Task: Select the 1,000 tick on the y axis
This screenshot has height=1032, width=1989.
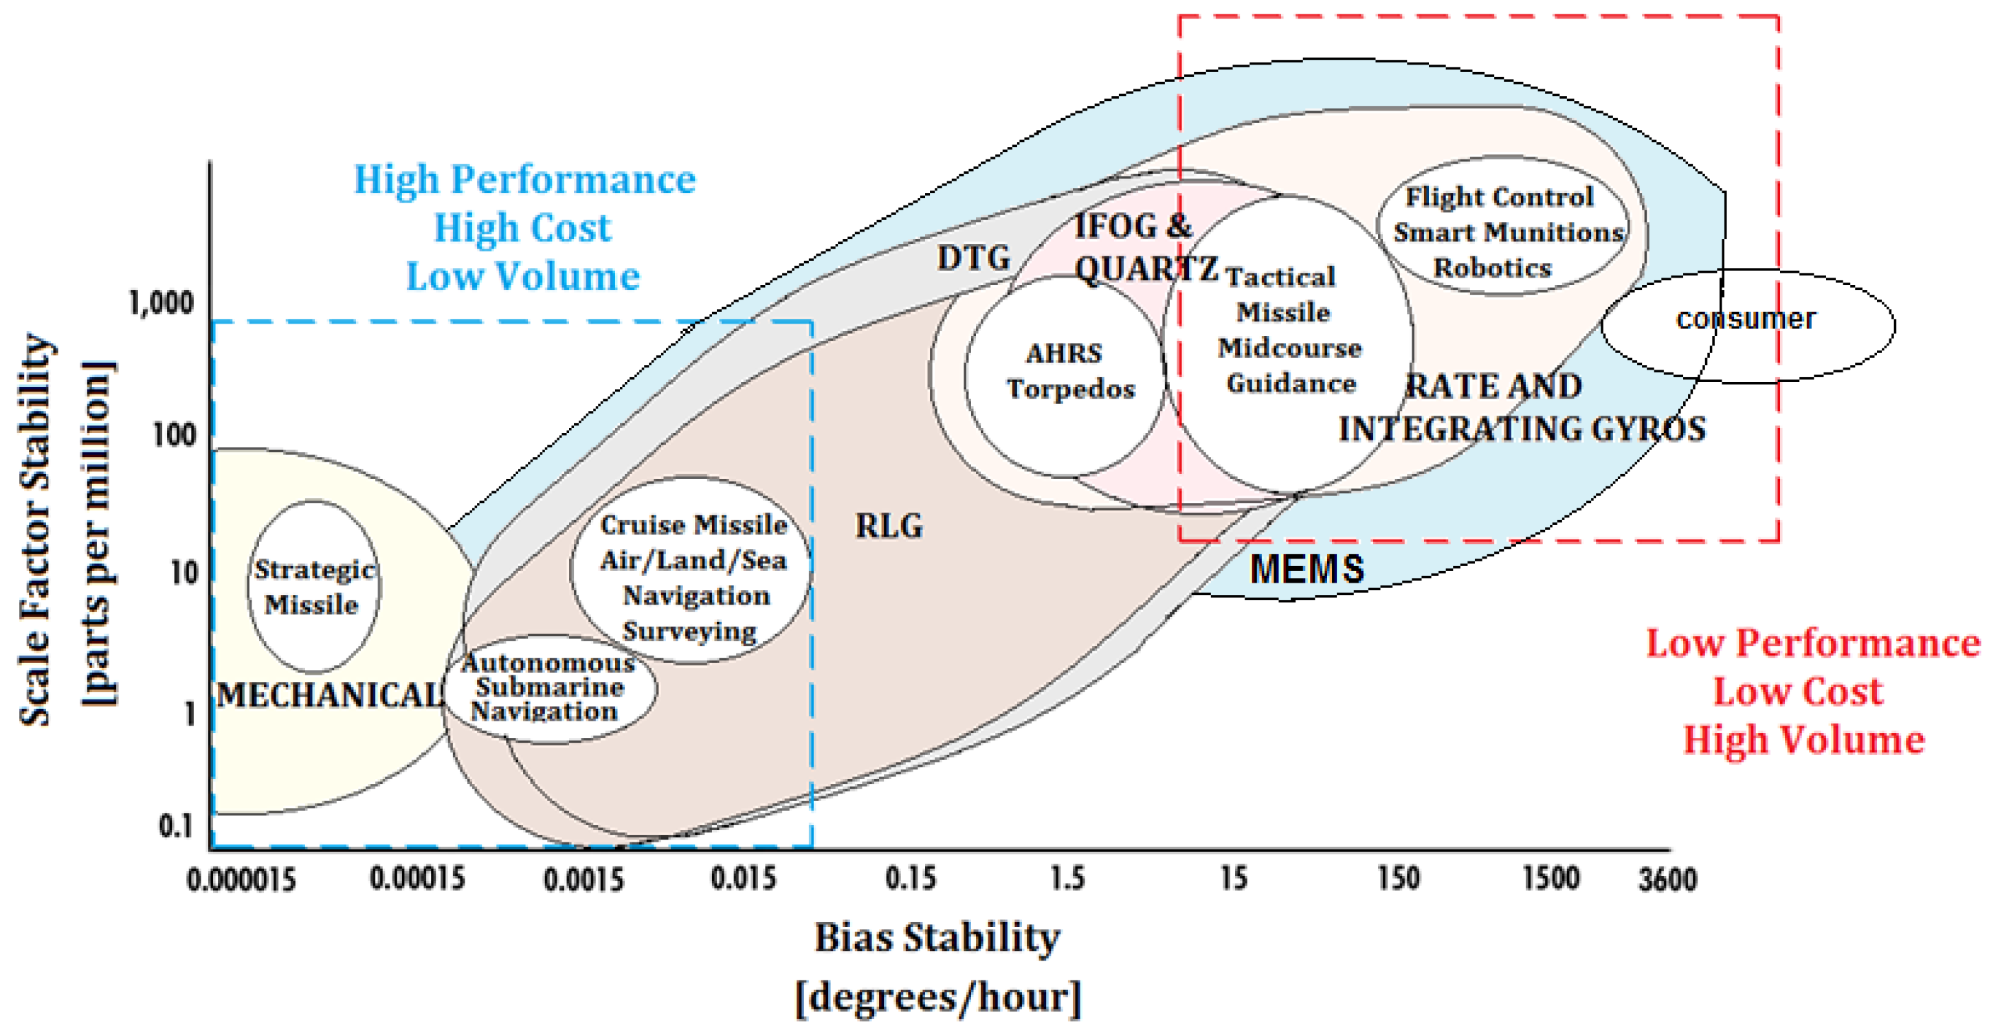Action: click(162, 302)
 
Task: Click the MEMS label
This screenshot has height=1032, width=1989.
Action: click(1307, 570)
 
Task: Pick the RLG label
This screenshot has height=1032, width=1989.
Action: click(889, 526)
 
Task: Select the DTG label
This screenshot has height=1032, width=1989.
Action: click(973, 258)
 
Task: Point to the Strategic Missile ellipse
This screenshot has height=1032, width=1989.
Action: click(313, 587)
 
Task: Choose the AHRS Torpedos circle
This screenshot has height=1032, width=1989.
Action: click(1065, 374)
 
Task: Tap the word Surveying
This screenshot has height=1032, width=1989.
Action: click(689, 631)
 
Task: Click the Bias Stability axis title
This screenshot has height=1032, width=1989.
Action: click(937, 939)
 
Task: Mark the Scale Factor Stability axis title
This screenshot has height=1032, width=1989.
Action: click(35, 530)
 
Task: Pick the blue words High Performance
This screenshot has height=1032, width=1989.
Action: click(524, 179)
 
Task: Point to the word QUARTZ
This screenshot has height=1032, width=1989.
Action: click(1146, 269)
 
